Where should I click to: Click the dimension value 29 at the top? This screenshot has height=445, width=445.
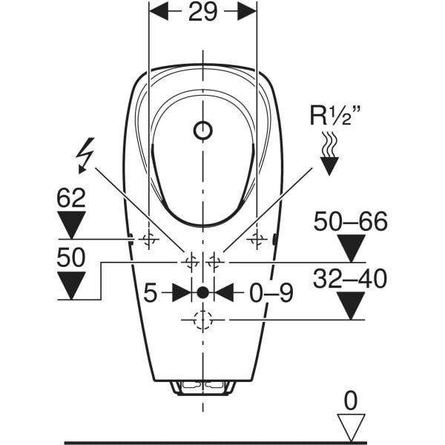pyautogui.click(x=202, y=13)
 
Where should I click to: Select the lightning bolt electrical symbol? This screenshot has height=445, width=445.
pyautogui.click(x=87, y=156)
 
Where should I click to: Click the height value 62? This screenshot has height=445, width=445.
pyautogui.click(x=71, y=198)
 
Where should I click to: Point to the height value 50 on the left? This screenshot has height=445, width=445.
pyautogui.click(x=71, y=257)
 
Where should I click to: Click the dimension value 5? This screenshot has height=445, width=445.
pyautogui.click(x=151, y=293)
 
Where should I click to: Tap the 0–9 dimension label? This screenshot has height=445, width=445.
pyautogui.click(x=271, y=293)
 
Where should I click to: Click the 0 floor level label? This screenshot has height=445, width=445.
pyautogui.click(x=350, y=401)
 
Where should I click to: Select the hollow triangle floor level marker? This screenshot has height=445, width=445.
pyautogui.click(x=350, y=428)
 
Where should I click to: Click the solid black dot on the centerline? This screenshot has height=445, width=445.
pyautogui.click(x=202, y=292)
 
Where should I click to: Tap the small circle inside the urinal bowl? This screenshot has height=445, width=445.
pyautogui.click(x=202, y=131)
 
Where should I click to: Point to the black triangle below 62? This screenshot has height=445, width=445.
pyautogui.click(x=71, y=223)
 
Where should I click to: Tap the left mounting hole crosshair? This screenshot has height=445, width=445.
pyautogui.click(x=149, y=239)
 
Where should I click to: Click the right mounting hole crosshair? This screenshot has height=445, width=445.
pyautogui.click(x=257, y=239)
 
